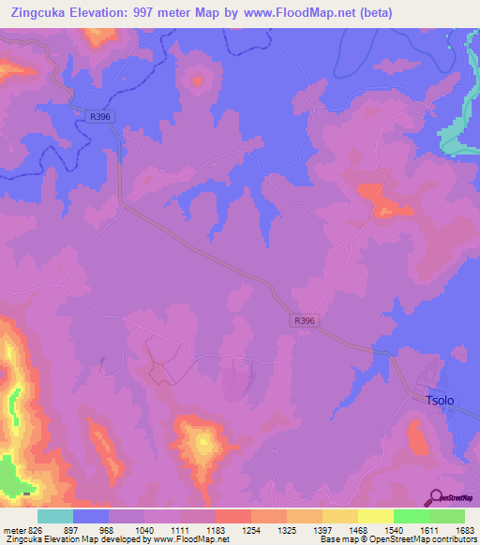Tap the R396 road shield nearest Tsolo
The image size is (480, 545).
304,320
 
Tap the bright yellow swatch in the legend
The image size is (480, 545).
374,516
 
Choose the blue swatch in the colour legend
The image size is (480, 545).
90,516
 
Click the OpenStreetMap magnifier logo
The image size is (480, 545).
436,498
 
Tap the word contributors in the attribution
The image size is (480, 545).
452,539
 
